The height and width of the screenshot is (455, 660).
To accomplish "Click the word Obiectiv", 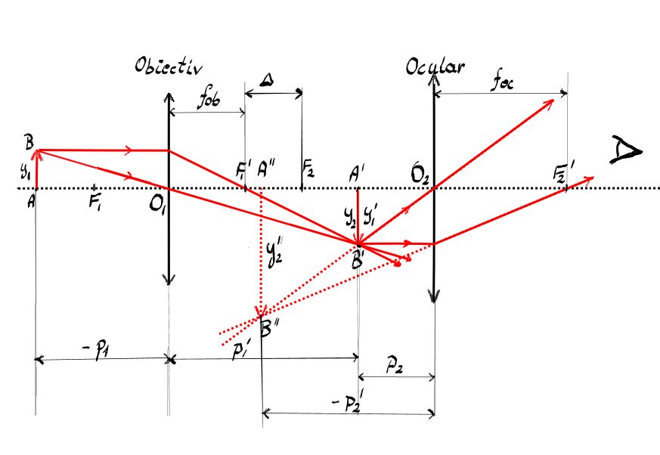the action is coord(169,67).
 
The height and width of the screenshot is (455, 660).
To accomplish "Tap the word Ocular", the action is coord(435,67).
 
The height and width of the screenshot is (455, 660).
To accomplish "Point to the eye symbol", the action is coord(626,150).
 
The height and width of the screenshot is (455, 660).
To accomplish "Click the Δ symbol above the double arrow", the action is coord(266,79).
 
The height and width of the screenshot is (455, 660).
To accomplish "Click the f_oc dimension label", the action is coord(502,82).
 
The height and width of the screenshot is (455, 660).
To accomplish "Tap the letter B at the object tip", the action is coord(29,142).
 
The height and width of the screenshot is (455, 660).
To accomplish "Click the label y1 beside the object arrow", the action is coord(25,171).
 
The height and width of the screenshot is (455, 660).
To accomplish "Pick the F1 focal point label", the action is coord(95,203).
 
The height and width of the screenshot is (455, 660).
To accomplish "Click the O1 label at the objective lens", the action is coord(156,205).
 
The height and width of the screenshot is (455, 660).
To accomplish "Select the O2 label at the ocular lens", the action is coord(420,175).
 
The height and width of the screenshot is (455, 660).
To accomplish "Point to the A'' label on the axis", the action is coord(266,168).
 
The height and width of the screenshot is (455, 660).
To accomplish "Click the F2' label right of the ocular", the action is coord(562,173).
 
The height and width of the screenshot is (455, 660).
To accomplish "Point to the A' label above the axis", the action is coord(356,173).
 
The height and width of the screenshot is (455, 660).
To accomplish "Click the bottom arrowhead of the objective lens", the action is coord(169,279).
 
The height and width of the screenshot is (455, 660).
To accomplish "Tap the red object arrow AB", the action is coord(36,169).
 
